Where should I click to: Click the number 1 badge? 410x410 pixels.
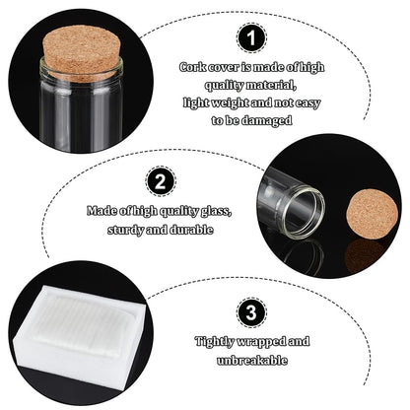[x=251, y=37]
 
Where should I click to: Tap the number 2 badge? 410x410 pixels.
[x=161, y=181]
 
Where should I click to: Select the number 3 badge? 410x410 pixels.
[x=251, y=312]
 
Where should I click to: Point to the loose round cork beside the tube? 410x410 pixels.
[x=373, y=215]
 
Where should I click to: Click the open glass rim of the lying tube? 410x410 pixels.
[x=305, y=212]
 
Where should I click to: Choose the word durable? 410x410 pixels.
[x=191, y=230]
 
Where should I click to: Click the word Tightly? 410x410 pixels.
[x=215, y=342]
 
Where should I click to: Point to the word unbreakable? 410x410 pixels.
[x=252, y=361]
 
